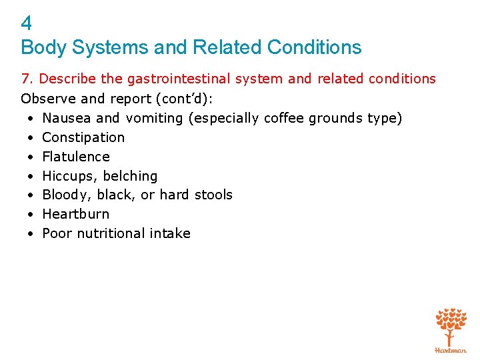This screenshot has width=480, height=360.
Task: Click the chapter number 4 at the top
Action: pyautogui.click(x=26, y=24)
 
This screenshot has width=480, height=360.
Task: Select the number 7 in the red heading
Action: pyautogui.click(x=25, y=79)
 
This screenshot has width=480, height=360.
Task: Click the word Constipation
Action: pyautogui.click(x=83, y=137)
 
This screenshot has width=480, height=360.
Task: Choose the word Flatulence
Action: pyautogui.click(x=76, y=157)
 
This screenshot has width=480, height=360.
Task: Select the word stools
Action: pyautogui.click(x=213, y=195)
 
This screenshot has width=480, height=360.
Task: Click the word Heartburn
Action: pyautogui.click(x=75, y=214)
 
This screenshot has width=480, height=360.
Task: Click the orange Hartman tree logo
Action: pyautogui.click(x=451, y=328)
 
